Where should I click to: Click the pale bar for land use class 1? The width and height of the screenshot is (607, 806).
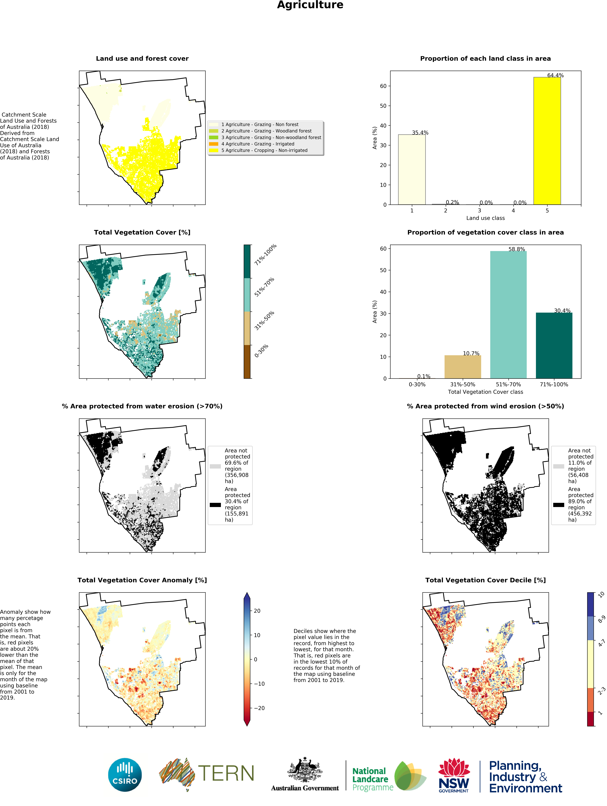412,169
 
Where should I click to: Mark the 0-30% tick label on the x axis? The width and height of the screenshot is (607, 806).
417,384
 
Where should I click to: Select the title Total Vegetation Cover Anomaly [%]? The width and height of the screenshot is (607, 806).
142,580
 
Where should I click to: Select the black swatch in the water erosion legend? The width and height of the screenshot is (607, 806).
215,505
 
